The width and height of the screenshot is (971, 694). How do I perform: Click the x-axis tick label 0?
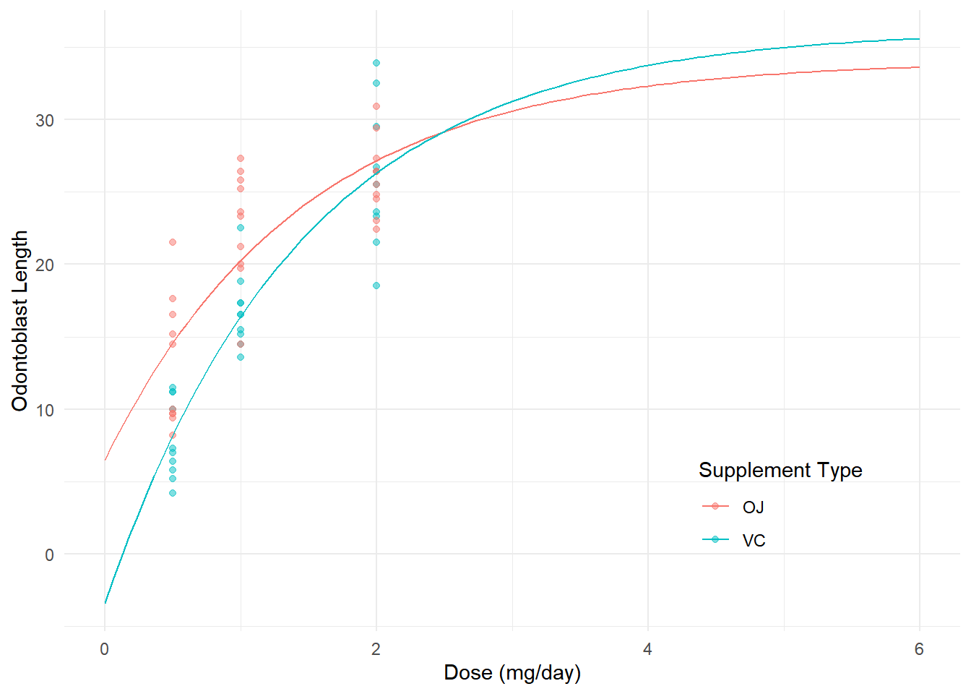105,649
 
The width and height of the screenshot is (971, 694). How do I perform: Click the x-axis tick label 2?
376,649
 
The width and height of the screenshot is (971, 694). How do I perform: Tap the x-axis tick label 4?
647,649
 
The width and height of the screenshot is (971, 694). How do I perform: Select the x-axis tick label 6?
919,649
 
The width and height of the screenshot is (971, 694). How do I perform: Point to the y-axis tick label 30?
45,120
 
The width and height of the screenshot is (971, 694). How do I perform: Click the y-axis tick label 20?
45,265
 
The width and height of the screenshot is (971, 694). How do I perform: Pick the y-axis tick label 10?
45,410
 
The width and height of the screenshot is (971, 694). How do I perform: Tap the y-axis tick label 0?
49,555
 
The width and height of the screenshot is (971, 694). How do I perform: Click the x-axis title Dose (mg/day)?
512,673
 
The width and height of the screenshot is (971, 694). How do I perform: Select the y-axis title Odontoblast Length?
20,321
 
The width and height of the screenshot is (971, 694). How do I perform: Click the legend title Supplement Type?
780,471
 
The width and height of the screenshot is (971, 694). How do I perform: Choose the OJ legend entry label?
753,507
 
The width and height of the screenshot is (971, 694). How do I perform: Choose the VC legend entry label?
754,541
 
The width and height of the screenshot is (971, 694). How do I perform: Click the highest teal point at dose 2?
376,63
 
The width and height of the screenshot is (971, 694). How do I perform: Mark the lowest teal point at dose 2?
376,286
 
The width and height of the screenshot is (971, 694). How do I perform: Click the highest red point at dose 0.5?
173,242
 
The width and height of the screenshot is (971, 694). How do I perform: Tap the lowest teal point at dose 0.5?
173,493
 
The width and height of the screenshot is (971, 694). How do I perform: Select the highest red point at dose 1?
241,158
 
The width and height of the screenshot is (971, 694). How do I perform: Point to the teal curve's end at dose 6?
919,39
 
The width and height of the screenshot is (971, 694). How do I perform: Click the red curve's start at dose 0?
105,459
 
